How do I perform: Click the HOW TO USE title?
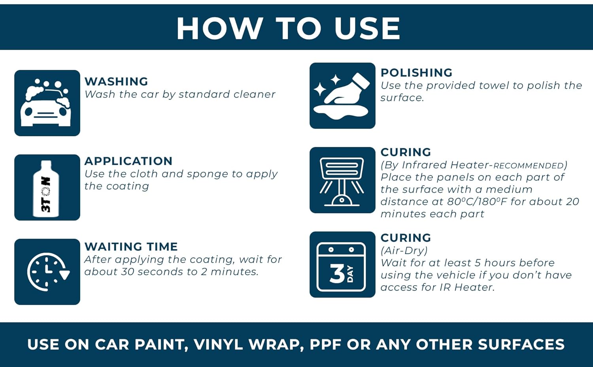tap(288, 28)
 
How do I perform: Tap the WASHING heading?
tap(116, 81)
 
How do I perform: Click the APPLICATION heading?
tap(128, 161)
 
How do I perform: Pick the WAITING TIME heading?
tap(131, 247)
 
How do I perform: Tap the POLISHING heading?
tap(416, 73)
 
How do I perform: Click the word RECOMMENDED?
tap(529, 166)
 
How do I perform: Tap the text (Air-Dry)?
tap(404, 250)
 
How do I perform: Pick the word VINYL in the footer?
tap(218, 344)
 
